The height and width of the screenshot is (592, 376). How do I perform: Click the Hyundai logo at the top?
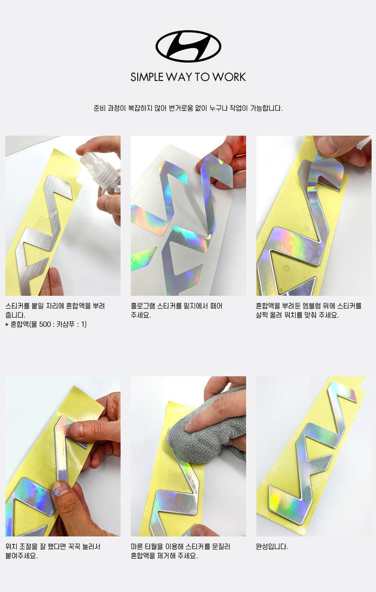[188, 46]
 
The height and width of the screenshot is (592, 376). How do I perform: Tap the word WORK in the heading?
[229, 77]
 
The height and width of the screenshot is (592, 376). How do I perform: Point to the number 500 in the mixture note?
[45, 324]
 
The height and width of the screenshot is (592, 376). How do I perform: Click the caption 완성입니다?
[272, 546]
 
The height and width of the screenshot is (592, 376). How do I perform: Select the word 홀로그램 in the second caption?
[143, 306]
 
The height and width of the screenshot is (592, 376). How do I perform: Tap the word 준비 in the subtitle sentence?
[100, 108]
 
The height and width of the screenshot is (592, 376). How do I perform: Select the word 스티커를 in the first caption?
[17, 306]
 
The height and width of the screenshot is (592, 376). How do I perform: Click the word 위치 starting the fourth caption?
[11, 546]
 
